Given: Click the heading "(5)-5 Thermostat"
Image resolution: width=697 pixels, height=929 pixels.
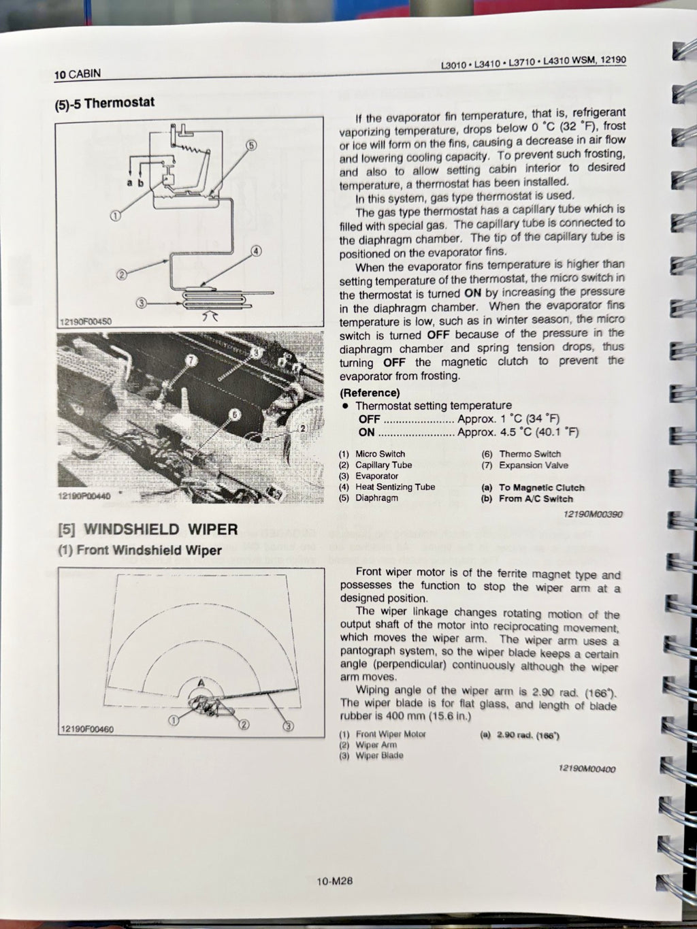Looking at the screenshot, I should tap(105, 103).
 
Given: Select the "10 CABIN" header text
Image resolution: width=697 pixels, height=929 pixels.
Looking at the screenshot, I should tap(78, 74).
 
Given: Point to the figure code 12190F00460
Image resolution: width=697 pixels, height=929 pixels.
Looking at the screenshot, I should tap(86, 729).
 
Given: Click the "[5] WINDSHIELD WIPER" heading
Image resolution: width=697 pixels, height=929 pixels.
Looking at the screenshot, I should tap(148, 529).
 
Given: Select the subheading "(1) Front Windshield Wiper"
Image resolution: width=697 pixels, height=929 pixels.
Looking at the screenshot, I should tap(140, 550).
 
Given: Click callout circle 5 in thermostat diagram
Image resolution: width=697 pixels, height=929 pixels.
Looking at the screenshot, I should tap(250, 145).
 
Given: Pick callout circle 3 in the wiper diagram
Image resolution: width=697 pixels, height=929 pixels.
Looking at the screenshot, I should tap(288, 726).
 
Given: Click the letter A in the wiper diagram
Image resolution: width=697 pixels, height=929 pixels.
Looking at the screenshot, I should tap(201, 682).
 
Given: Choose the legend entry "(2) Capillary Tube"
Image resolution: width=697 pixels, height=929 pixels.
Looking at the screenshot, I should tap(376, 465).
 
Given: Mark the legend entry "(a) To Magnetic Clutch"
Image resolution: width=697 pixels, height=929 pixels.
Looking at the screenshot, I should tap(533, 487).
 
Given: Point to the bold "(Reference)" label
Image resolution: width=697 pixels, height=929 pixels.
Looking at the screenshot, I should tap(370, 393).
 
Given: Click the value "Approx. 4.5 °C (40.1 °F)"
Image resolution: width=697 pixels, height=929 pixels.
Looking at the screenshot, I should tap(518, 432).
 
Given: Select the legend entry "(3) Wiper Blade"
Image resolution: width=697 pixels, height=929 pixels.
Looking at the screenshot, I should tap(371, 755).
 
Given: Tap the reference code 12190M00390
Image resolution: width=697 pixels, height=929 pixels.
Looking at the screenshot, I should tap(593, 515).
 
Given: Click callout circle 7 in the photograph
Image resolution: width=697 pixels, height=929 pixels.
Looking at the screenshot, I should tap(191, 359).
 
